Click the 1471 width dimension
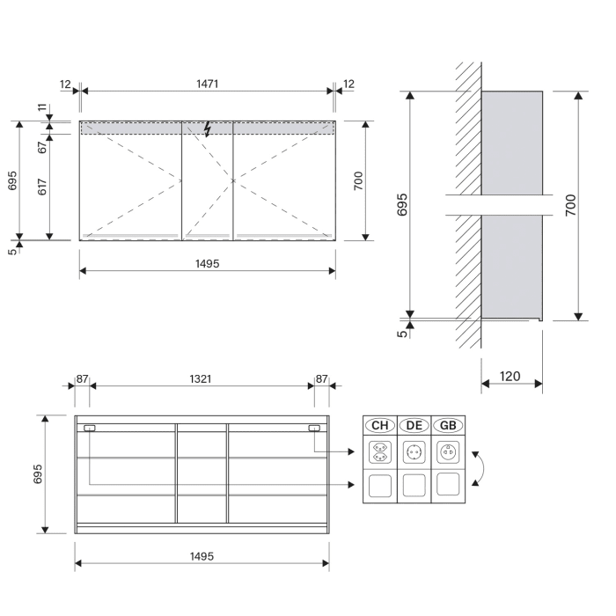pos(208,84)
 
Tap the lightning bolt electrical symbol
pos(208,129)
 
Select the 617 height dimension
pos(41,187)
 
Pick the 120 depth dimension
pos(510,377)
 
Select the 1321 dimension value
pos(201,378)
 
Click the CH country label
pos(380,426)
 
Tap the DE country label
pos(414,426)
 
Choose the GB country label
pos(448,426)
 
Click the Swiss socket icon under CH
pos(380,453)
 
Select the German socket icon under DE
pos(414,453)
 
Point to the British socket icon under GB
pos(448,453)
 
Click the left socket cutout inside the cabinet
pos(89,429)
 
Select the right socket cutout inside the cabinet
pos(314,429)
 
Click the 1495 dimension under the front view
pos(207,263)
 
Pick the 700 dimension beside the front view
pos(358,180)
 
